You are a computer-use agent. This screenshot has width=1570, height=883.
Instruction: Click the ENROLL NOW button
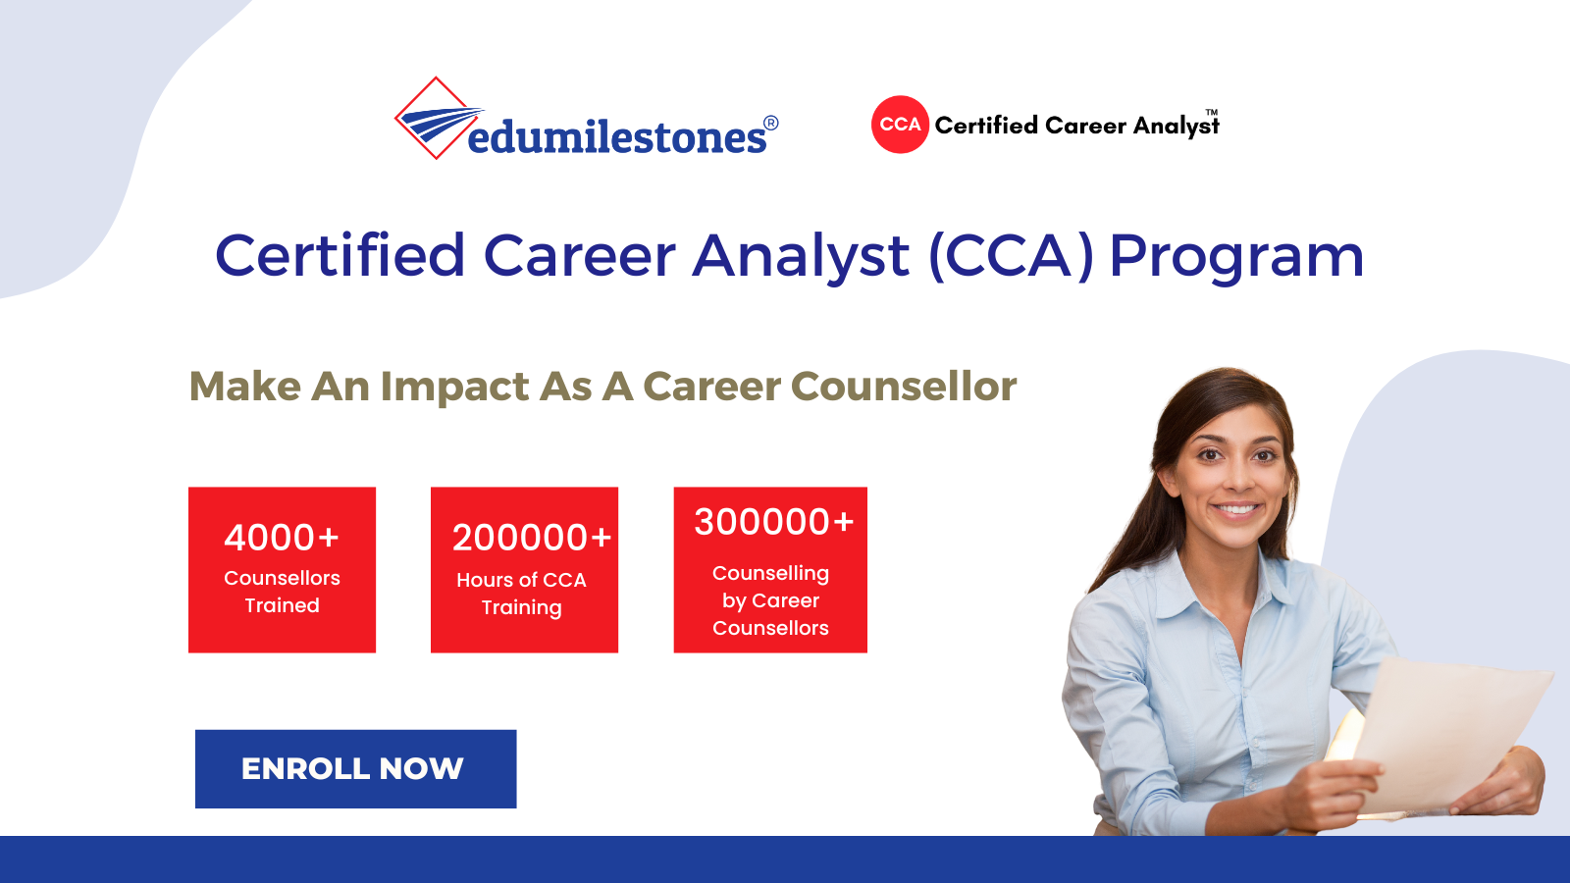tap(355, 769)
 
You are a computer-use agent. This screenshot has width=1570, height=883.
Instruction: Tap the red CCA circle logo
tap(900, 125)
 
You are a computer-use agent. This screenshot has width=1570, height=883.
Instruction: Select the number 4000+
tap(282, 538)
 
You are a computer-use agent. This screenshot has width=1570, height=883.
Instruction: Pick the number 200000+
tap(531, 538)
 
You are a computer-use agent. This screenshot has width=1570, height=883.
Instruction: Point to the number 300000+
tap(774, 521)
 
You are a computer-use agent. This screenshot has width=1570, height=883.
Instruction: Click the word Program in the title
tap(1236, 257)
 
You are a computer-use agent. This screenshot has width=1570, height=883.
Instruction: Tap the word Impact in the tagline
tap(454, 387)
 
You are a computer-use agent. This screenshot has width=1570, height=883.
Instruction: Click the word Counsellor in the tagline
tap(904, 387)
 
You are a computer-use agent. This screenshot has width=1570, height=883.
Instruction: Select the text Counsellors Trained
tap(282, 592)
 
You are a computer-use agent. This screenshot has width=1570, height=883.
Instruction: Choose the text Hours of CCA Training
tap(521, 593)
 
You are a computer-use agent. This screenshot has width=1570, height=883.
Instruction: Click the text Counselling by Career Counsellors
tap(770, 600)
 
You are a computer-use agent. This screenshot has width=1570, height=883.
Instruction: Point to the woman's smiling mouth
tap(1235, 508)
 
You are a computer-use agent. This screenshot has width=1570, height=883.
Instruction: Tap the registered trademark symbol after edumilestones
tap(770, 124)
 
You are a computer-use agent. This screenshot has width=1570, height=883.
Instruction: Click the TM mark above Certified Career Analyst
tap(1212, 112)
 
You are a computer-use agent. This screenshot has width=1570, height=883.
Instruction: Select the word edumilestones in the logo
tap(617, 136)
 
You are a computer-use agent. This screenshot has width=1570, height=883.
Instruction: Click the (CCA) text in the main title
tap(1011, 256)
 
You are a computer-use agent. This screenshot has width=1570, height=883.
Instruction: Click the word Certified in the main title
tap(340, 254)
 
